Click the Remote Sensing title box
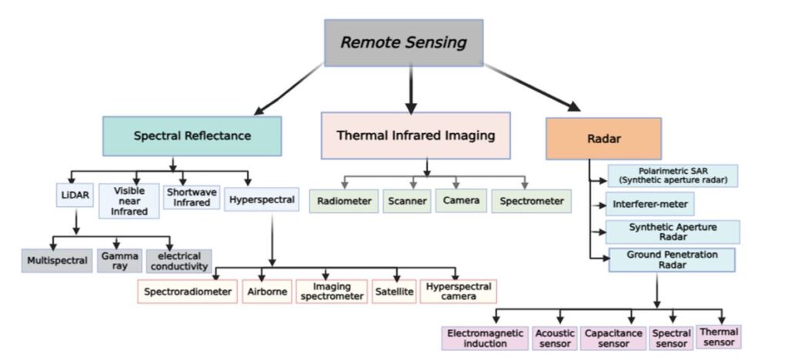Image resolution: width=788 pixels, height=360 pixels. point(404,42)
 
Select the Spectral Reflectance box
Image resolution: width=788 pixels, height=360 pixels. point(192,136)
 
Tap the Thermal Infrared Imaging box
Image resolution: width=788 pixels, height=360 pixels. point(415,136)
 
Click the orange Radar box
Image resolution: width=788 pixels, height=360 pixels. point(603,138)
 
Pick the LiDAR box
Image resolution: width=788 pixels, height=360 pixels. point(75,196)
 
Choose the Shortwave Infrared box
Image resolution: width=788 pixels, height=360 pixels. point(192,197)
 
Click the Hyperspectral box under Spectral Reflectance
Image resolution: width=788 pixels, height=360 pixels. point(262,201)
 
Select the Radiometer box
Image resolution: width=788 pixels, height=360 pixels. point(345,202)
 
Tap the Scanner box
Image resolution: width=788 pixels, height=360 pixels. point(406,202)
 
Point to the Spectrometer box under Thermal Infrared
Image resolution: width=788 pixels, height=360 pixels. point(532,202)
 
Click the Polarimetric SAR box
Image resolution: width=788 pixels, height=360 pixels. point(672,175)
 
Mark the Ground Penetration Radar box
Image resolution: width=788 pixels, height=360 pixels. point(672,260)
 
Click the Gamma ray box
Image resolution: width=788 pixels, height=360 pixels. point(119,261)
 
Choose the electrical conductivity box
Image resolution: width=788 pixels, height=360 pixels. point(179,261)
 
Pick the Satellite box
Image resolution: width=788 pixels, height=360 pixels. point(394,292)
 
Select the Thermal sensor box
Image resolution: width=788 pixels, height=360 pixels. point(719,337)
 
